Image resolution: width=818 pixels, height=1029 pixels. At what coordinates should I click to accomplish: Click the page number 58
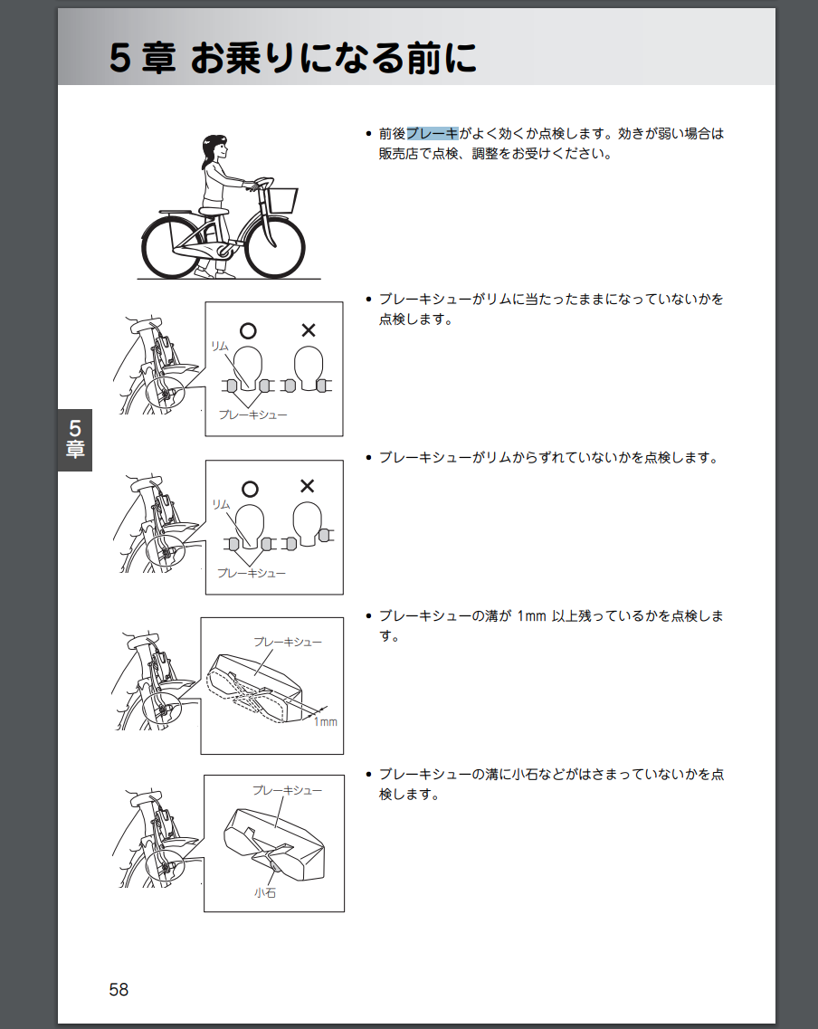click(119, 989)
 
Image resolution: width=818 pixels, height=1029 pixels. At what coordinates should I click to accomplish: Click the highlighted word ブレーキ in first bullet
click(433, 133)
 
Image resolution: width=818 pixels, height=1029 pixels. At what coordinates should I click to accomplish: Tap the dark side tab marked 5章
click(75, 440)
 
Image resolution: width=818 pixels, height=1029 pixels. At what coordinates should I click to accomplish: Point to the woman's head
click(214, 149)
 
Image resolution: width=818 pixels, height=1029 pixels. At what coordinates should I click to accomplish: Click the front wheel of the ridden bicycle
click(274, 247)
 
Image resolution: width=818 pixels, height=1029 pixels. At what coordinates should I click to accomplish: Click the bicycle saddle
click(214, 211)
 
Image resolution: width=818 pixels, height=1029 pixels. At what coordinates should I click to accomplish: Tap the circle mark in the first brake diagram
click(248, 330)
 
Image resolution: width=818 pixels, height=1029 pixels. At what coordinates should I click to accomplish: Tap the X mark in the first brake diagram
click(309, 330)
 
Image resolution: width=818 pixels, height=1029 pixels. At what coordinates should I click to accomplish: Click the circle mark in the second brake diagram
click(250, 489)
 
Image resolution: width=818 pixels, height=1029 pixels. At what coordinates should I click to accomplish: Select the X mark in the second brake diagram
click(307, 486)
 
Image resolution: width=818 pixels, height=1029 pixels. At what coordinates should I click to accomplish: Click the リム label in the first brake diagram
click(220, 346)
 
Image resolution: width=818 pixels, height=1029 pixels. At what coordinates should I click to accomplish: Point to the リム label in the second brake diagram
click(221, 504)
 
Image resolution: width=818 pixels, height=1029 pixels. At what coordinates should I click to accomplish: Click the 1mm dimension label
click(326, 722)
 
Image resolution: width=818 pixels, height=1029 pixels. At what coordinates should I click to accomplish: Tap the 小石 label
click(265, 892)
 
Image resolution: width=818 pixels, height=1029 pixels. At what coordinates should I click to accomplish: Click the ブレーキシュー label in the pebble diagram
click(288, 790)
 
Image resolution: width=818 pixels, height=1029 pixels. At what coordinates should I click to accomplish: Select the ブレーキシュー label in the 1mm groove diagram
click(288, 642)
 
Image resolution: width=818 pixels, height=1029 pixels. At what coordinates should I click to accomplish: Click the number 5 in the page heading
click(120, 58)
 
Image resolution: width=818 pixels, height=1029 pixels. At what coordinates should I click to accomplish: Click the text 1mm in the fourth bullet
click(531, 616)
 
